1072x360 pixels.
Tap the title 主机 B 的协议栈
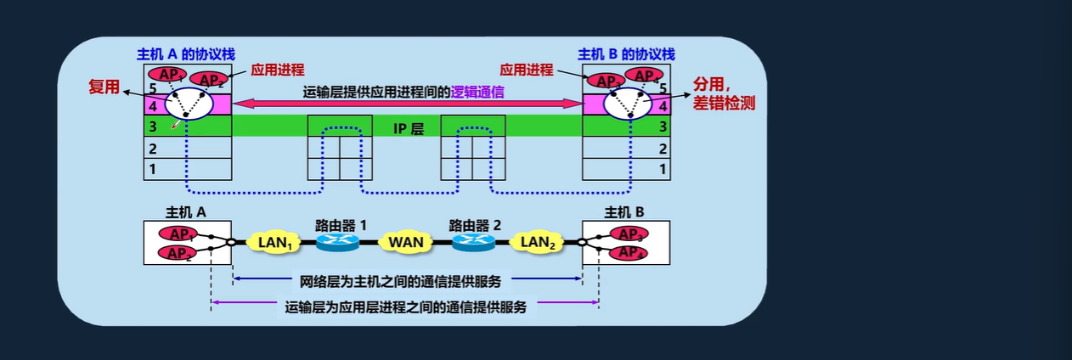(626, 54)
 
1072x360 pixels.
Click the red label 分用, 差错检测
(724, 95)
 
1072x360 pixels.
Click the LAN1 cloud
(274, 242)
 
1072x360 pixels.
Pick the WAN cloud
(406, 242)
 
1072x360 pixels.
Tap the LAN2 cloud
(537, 242)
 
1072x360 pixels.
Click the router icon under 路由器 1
(339, 243)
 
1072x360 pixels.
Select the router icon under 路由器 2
(472, 243)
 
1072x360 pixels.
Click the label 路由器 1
(341, 226)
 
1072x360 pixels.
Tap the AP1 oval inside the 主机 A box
(178, 234)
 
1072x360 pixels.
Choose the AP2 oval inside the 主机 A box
(178, 253)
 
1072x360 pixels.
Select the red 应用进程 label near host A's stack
(277, 70)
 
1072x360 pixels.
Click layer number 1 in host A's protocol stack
(153, 169)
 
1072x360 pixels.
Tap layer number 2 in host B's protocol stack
(662, 149)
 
